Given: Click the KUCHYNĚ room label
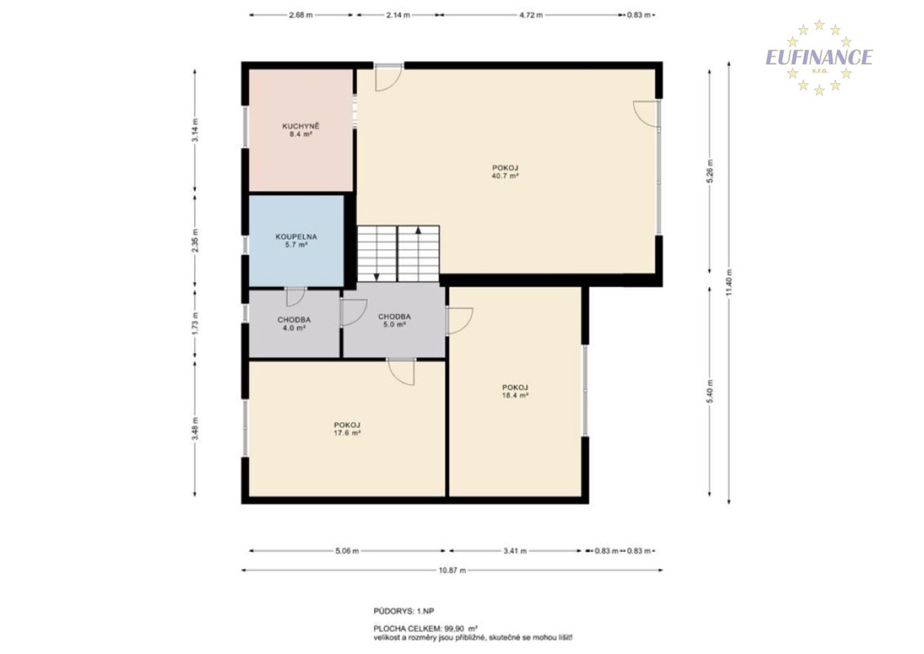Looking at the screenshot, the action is pos(300,127).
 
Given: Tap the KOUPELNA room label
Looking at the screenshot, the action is pos(296,237).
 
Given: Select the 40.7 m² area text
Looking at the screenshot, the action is pos(505,176).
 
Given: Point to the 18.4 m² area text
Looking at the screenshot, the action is pos(515,395).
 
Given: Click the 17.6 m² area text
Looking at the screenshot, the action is pos(347,433).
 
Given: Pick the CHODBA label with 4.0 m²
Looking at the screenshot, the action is pos(294,320).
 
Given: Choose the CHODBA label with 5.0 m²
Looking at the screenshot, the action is pos(394,317).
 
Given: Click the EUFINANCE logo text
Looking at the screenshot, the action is pos(819,57).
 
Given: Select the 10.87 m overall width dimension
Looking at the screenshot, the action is pos(452,571).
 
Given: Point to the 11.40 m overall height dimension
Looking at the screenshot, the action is pos(729,283).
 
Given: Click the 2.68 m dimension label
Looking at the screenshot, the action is pos(301,15).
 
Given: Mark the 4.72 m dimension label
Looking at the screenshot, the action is pos(531,15).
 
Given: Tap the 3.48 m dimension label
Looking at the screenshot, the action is pos(195,428).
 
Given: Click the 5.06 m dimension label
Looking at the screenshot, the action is pos(347,551).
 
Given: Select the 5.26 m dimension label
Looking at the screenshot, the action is pos(710,171).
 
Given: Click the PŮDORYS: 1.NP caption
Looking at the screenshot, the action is pos(404,611).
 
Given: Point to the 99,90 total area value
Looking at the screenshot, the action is pos(454,629).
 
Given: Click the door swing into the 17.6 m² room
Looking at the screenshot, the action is pos(401,372).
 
